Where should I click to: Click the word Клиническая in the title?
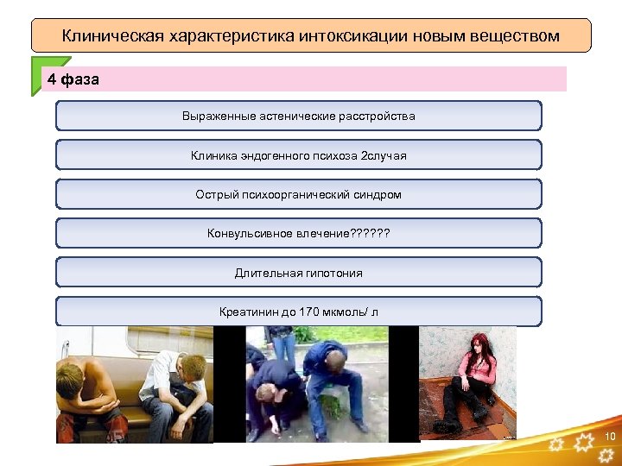click(x=111, y=36)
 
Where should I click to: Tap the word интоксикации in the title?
click(x=343, y=36)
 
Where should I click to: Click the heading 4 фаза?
click(x=73, y=79)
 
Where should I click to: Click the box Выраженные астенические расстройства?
click(x=299, y=116)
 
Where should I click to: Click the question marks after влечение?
click(x=369, y=233)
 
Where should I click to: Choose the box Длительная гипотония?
click(x=299, y=273)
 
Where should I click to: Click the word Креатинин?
click(x=249, y=312)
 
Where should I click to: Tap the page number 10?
click(x=610, y=436)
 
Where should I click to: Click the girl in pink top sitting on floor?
click(x=472, y=380)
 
